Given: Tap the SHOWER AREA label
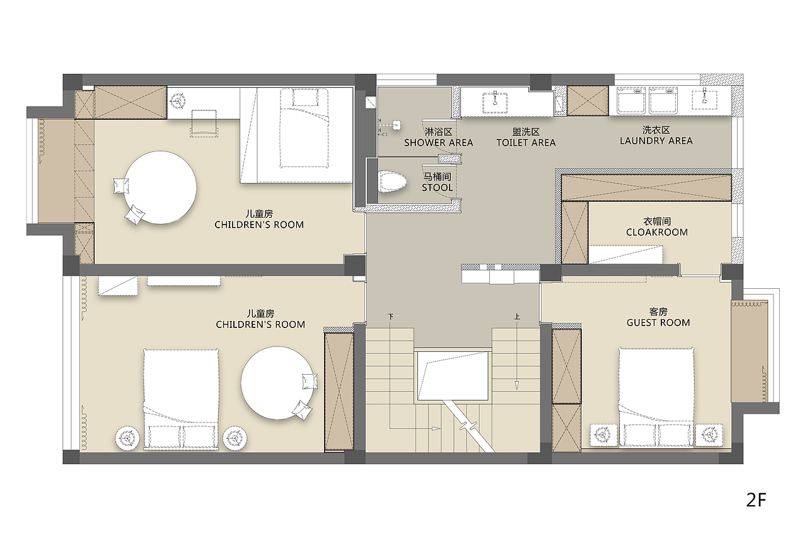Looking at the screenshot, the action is click(438, 143).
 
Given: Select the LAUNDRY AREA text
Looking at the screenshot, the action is click(656, 141).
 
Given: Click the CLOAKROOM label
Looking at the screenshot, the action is click(657, 233).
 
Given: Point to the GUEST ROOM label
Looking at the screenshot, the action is click(658, 323).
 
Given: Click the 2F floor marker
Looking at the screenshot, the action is click(756, 500).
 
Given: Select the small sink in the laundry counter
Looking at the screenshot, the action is click(704, 97).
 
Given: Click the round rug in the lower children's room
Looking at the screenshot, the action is click(277, 383).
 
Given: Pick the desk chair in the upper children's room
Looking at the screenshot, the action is click(204, 123).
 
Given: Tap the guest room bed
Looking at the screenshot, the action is click(656, 398).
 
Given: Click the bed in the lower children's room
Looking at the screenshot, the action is click(181, 399).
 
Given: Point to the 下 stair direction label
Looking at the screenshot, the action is click(391, 317).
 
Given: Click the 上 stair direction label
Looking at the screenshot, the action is click(517, 317).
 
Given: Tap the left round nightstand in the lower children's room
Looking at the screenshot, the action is click(127, 438).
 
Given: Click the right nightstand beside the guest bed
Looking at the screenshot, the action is click(709, 435).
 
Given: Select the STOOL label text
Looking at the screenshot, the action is click(438, 188).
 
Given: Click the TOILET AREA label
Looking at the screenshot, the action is click(526, 143).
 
